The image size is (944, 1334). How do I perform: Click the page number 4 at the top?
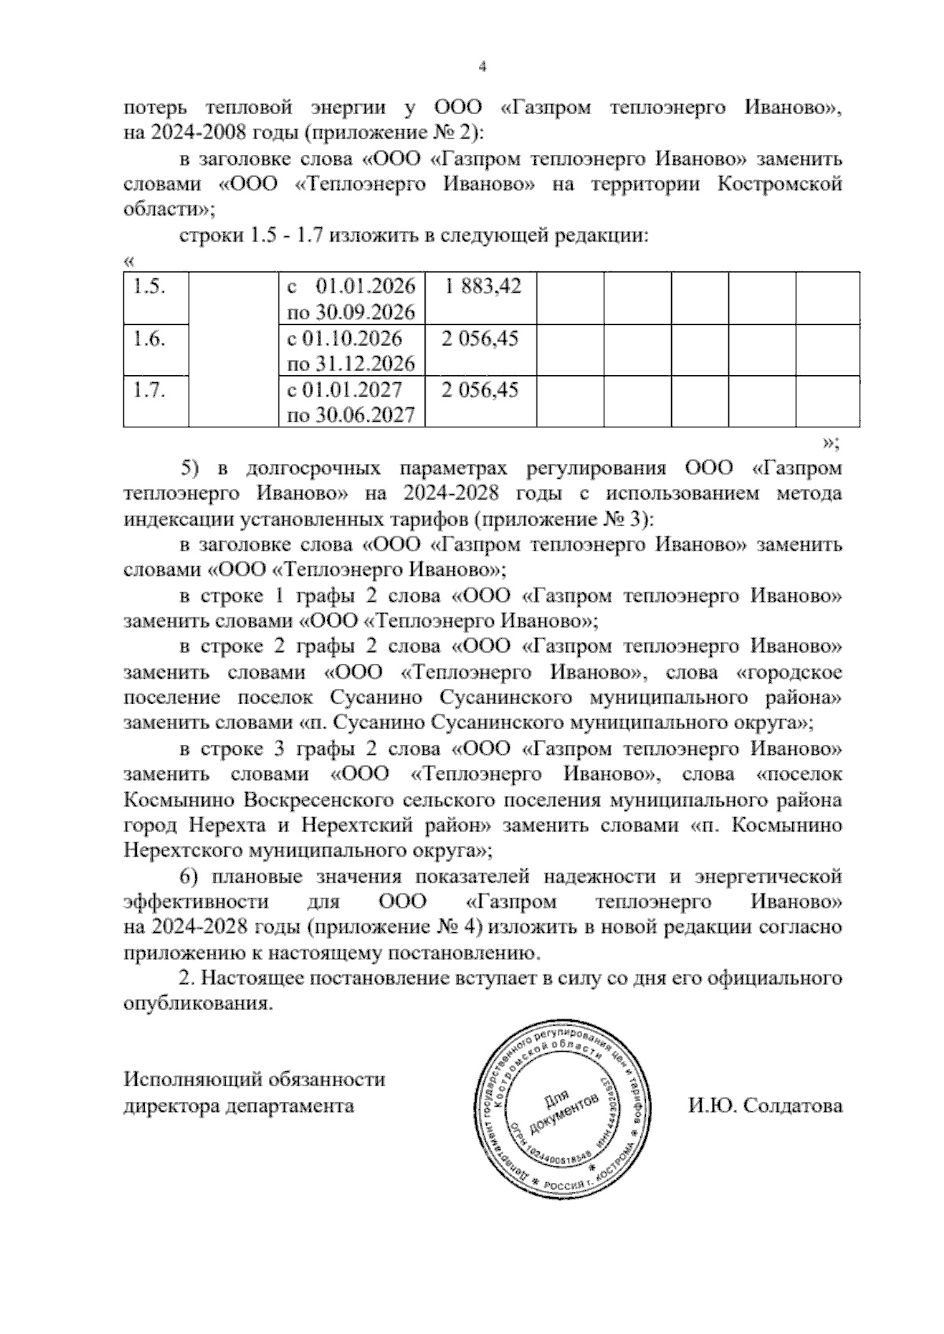click(483, 68)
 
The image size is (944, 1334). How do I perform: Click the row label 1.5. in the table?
click(149, 286)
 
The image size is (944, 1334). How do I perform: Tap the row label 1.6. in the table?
click(149, 338)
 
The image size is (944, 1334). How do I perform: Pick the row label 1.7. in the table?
click(149, 390)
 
